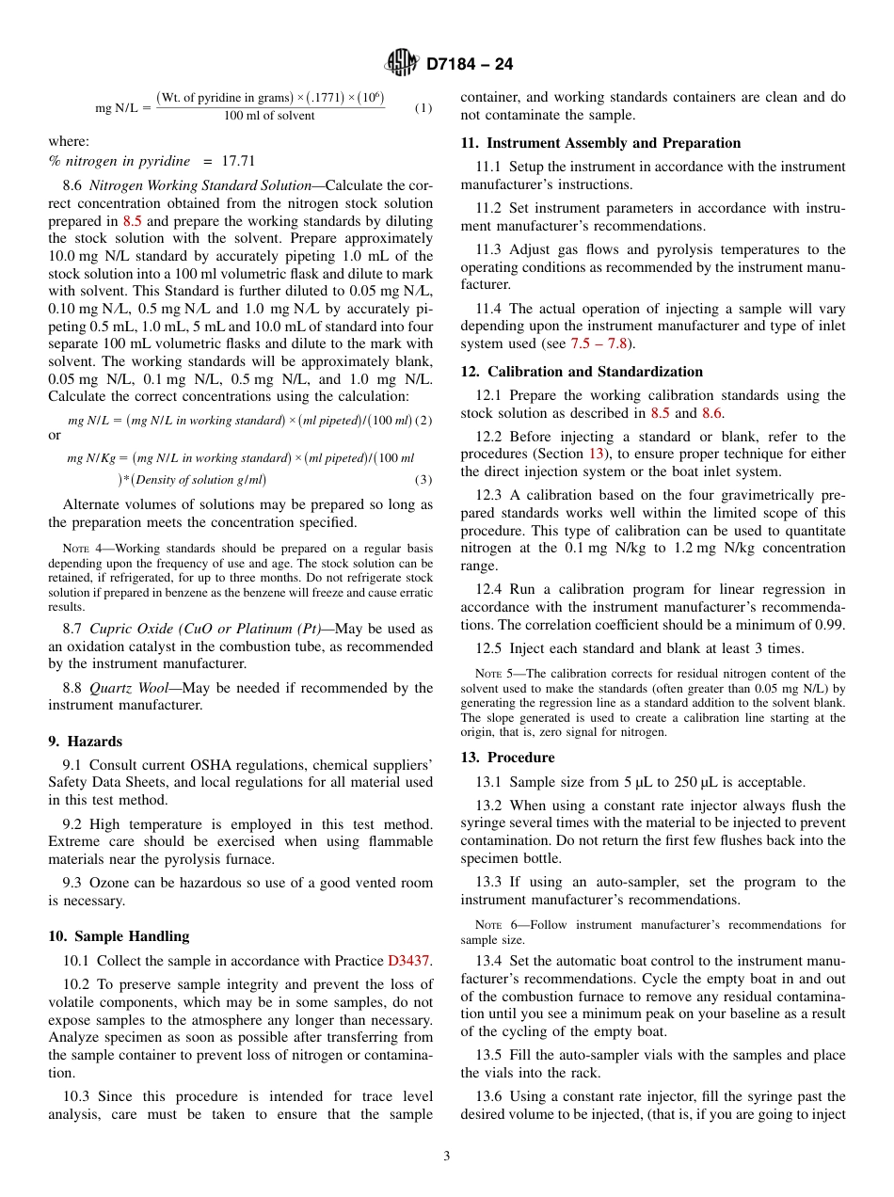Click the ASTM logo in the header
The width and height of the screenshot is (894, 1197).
pyautogui.click(x=402, y=63)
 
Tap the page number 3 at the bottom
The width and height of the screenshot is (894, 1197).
pyautogui.click(x=446, y=1157)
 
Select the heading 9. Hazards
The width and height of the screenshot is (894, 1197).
pyautogui.click(x=86, y=742)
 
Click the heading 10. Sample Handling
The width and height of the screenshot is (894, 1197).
pyautogui.click(x=119, y=936)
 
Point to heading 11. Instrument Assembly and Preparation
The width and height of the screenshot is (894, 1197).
pyautogui.click(x=600, y=143)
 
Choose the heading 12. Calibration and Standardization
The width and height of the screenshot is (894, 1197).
pyautogui.click(x=582, y=372)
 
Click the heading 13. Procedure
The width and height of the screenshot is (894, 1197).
pyautogui.click(x=507, y=758)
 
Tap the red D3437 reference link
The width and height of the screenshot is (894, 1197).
pyautogui.click(x=409, y=961)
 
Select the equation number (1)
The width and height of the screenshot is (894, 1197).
pyautogui.click(x=423, y=107)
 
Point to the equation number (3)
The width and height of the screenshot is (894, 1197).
pyautogui.click(x=423, y=480)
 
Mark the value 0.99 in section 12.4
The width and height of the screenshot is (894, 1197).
pyautogui.click(x=829, y=625)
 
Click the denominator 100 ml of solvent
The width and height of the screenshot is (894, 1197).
pyautogui.click(x=269, y=116)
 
